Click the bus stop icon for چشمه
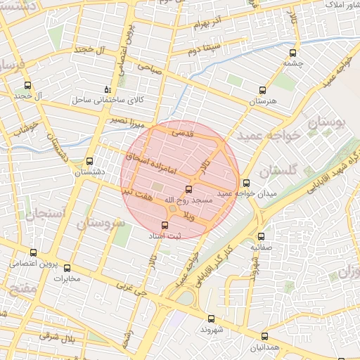tap(293, 51)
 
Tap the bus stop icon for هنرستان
tap(263, 90)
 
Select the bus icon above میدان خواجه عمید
tap(245, 183)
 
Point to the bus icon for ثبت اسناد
tap(165, 226)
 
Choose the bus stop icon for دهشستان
tap(89, 161)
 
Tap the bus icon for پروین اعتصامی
tap(34, 253)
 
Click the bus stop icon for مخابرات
tap(67, 267)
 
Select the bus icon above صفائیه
tap(262, 236)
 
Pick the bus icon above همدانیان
tap(264, 336)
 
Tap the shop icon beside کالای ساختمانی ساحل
tap(107, 89)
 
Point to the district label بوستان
tap(327, 127)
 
